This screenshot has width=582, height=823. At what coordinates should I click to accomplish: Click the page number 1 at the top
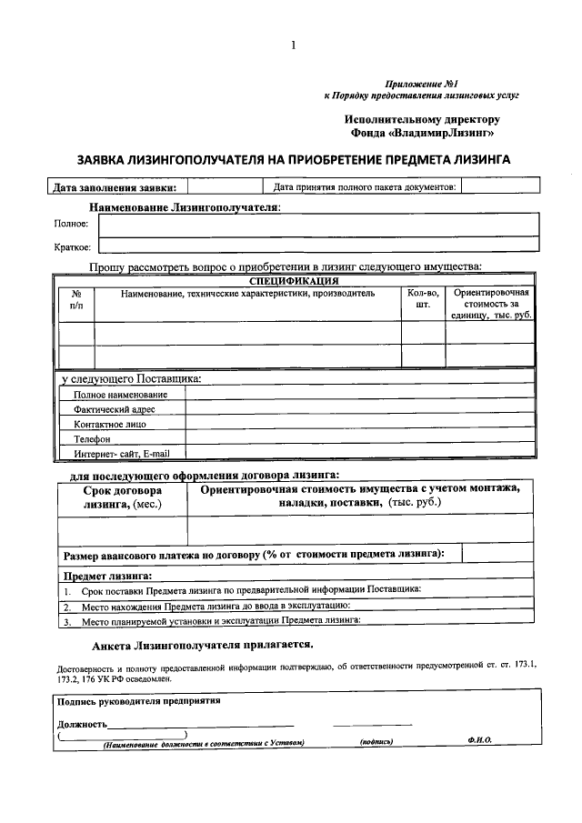tap(293, 46)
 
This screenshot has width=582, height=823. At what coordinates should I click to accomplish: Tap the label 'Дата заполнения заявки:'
tap(115, 188)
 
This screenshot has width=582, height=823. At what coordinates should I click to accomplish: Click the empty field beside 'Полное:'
tap(318, 224)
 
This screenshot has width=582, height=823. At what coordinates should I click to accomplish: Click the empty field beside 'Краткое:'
tap(318, 245)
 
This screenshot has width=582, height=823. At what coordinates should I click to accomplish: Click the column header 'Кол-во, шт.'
tap(422, 299)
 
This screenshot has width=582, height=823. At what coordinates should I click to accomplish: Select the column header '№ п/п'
tap(76, 299)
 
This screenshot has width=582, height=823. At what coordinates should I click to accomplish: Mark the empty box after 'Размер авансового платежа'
tap(498, 553)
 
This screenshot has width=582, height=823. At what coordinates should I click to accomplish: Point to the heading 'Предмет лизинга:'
tap(106, 576)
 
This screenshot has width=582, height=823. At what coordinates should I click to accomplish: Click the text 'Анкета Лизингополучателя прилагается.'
tap(203, 645)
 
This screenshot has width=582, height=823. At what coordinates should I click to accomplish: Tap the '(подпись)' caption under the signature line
tap(376, 741)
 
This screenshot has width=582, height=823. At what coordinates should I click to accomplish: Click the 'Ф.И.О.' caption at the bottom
tap(479, 741)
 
